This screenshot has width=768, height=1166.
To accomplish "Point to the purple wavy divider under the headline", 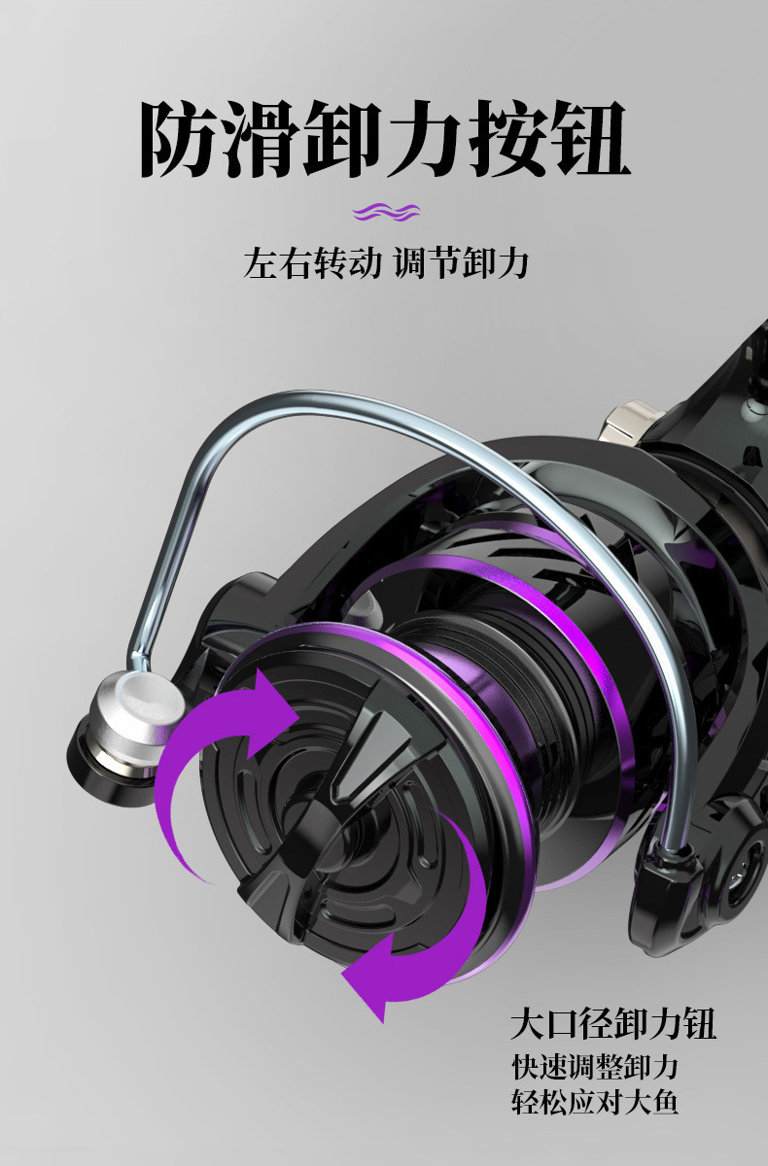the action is [386, 212].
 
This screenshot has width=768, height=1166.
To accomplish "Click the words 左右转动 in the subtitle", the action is [312, 263].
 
